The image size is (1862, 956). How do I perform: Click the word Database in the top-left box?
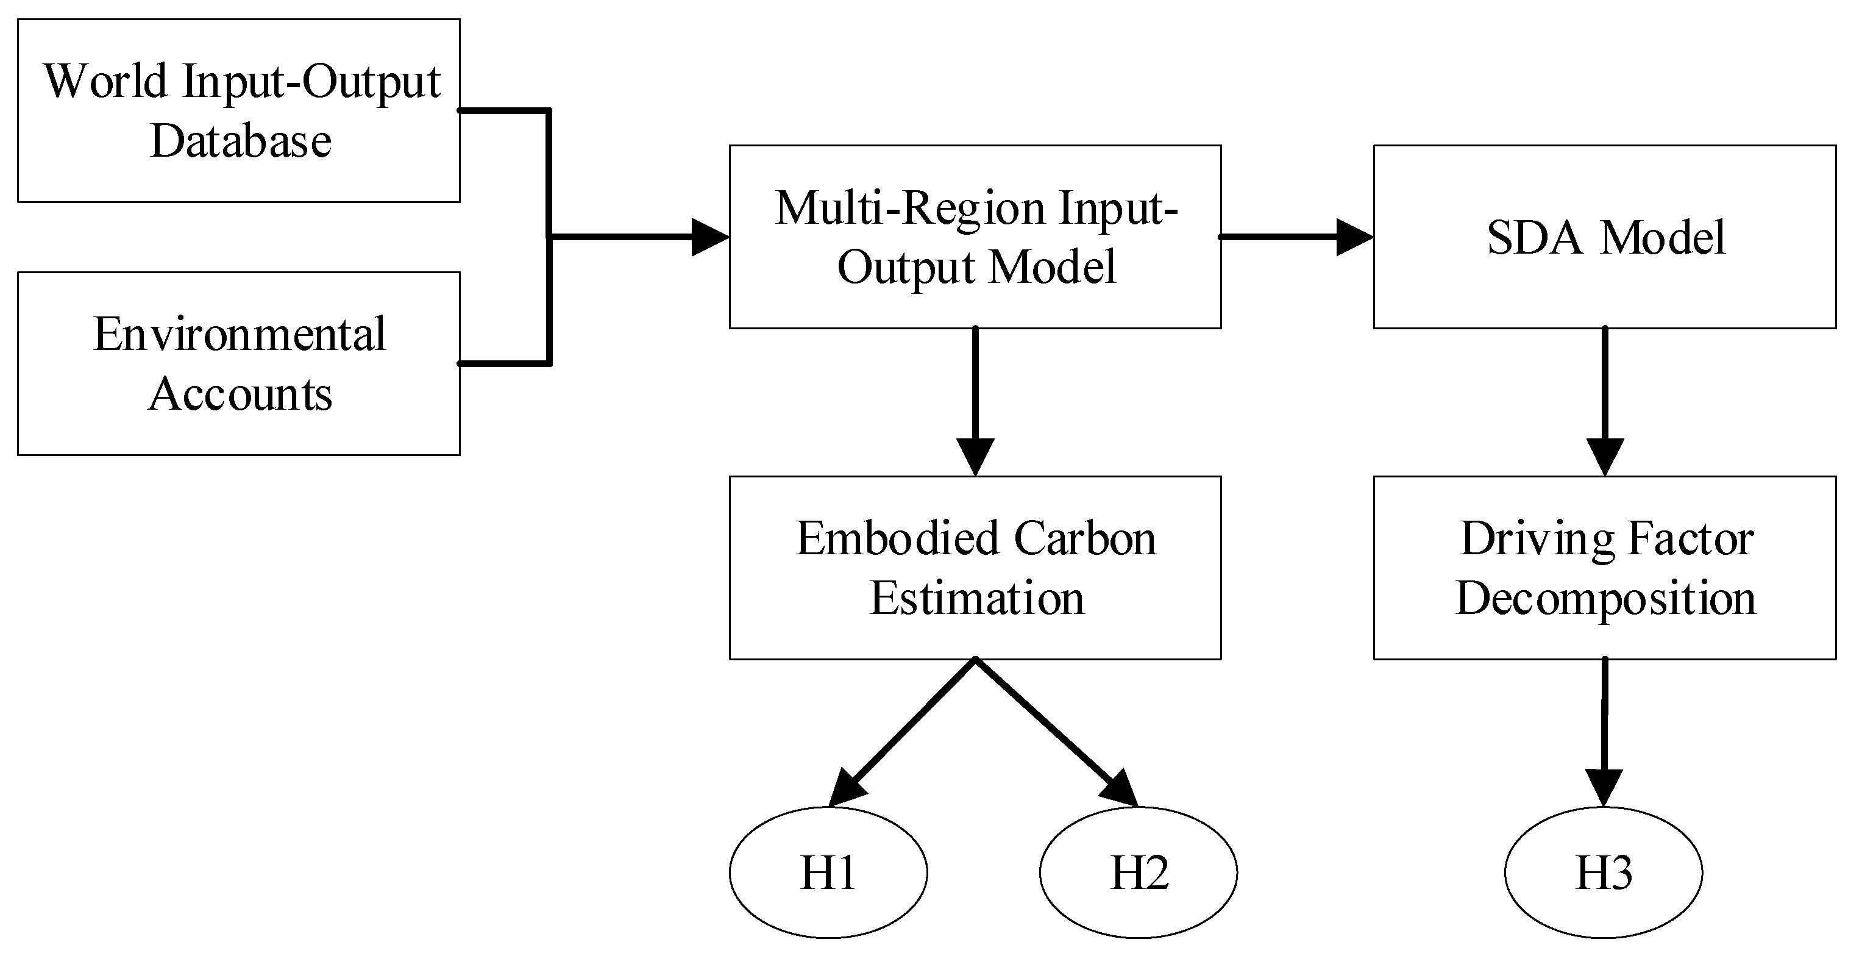point(241,140)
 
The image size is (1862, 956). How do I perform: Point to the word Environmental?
point(240,334)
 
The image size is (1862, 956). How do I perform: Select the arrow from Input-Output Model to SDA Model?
point(1294,237)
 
